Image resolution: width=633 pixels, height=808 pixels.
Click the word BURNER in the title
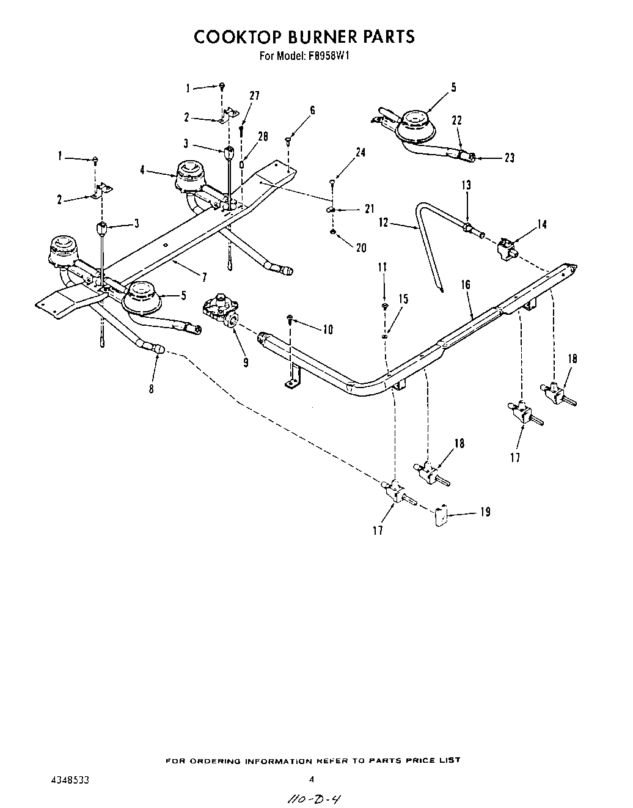click(x=304, y=37)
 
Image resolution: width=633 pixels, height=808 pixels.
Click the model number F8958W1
click(x=328, y=56)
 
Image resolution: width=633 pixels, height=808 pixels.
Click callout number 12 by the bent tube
click(x=384, y=223)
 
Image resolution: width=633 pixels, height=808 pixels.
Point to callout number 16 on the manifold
click(x=466, y=284)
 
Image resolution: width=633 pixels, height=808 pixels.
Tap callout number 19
click(x=485, y=512)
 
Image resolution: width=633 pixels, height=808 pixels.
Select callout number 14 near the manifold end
click(x=541, y=224)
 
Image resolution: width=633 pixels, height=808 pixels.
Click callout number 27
click(x=254, y=96)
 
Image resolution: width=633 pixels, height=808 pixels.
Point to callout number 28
click(x=263, y=137)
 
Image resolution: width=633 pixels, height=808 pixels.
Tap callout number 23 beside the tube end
click(x=510, y=158)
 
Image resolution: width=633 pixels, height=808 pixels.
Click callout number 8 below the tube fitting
click(x=152, y=388)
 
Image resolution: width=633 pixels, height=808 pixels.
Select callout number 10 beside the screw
click(x=327, y=330)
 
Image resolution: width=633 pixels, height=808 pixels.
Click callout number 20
click(x=361, y=248)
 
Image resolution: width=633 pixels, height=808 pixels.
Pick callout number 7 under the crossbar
click(x=205, y=277)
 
